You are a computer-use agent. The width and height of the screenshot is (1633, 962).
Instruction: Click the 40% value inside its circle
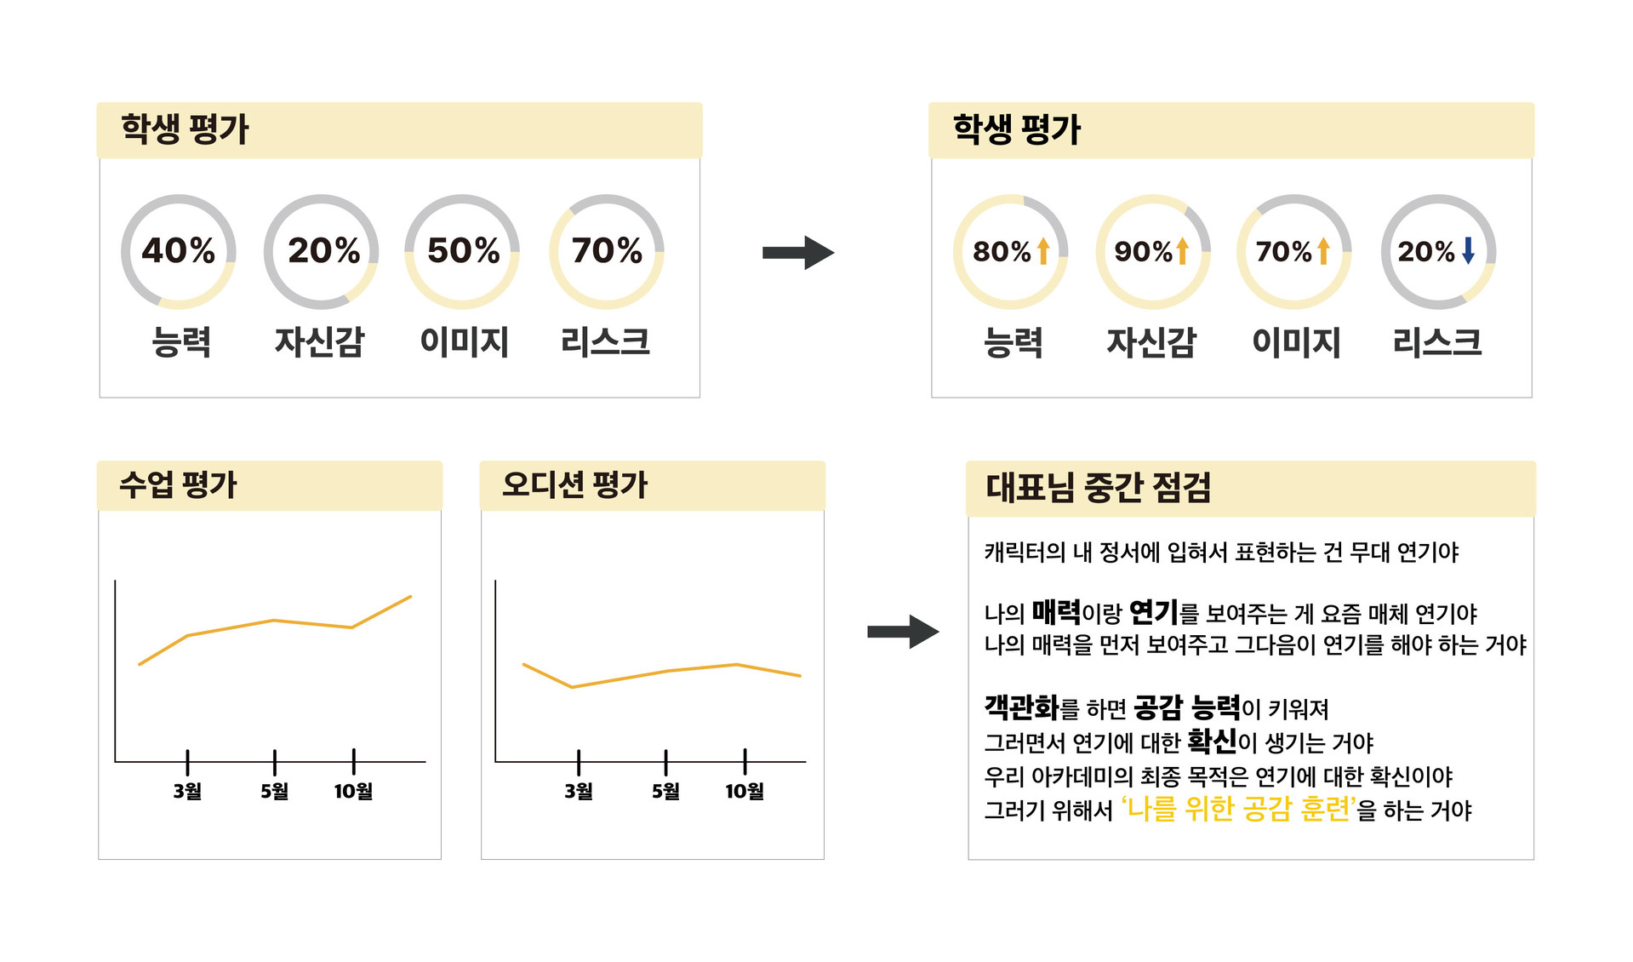[178, 250]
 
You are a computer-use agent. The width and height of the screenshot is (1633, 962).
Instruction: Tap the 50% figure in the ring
[463, 250]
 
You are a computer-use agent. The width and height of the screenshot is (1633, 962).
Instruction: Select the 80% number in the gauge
[1002, 251]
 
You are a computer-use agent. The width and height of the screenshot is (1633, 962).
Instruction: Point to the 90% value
[1143, 251]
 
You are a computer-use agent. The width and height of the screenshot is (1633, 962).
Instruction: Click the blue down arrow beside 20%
[1468, 250]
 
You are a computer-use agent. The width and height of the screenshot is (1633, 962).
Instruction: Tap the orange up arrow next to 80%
[1043, 251]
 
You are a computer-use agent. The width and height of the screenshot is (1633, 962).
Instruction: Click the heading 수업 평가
[178, 484]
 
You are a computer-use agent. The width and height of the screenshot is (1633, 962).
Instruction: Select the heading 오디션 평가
[574, 484]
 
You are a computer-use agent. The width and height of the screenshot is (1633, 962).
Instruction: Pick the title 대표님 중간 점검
[1098, 488]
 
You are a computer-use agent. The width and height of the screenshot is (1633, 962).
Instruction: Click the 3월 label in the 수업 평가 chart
[187, 791]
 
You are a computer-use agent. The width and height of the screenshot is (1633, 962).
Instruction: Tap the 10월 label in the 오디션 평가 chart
[744, 791]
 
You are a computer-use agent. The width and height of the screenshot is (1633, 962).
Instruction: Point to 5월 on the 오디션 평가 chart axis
[665, 791]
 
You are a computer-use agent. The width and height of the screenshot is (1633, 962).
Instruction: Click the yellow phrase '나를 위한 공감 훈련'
[1238, 808]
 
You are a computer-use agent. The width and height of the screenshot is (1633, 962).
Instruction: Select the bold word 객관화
[1021, 707]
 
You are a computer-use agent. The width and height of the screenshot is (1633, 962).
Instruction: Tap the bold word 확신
[1212, 741]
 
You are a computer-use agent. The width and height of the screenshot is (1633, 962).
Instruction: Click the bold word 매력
[1056, 611]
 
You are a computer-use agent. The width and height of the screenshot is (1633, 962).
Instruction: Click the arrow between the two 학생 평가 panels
[798, 252]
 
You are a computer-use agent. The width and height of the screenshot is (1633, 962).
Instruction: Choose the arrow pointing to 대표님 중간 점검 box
[903, 632]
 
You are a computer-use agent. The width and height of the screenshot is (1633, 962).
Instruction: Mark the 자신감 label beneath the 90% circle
[1151, 342]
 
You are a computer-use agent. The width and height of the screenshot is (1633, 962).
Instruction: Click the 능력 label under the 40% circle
[180, 342]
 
